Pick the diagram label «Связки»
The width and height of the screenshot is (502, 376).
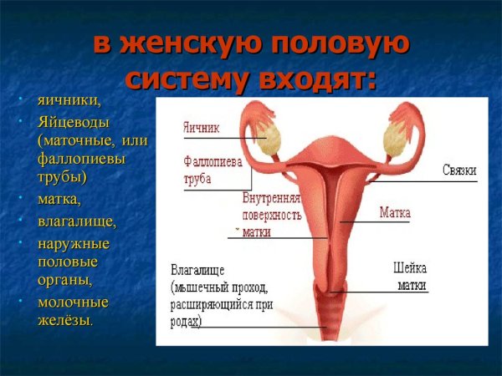[x=459, y=170]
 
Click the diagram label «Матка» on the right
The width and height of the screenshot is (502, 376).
[x=395, y=213]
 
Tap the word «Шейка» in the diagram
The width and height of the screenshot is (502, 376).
[x=410, y=269]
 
